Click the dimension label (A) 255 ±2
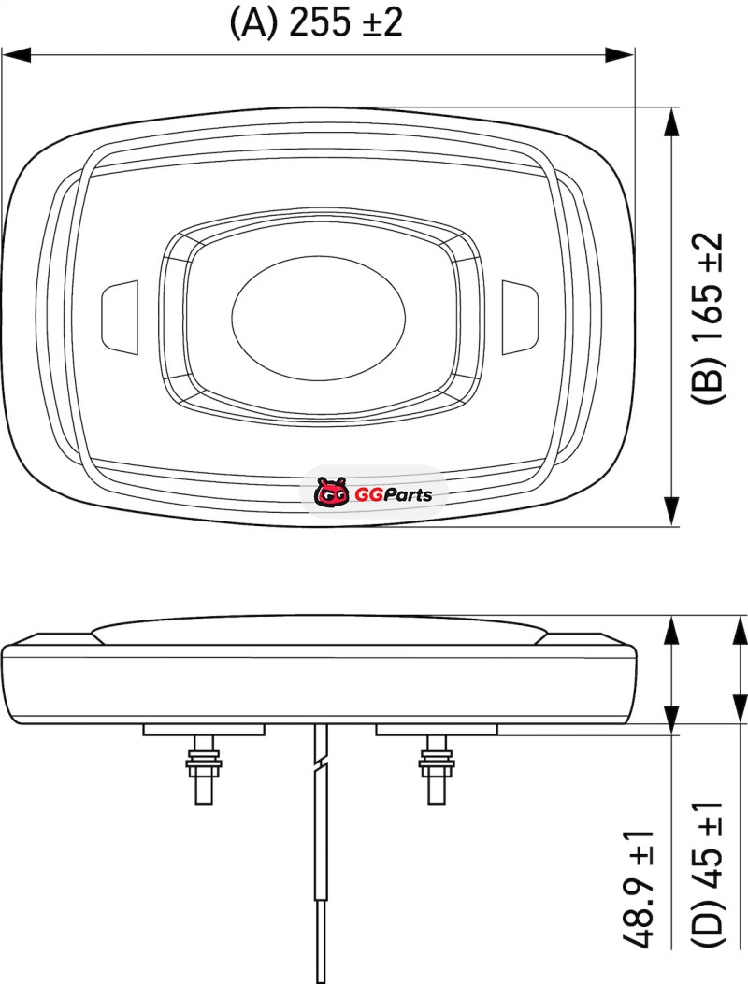(x=316, y=23)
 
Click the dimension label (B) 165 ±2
(x=708, y=317)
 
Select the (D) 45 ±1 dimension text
(x=708, y=874)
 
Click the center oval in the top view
(x=319, y=317)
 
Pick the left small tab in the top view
(x=120, y=316)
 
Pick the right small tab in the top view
(x=520, y=316)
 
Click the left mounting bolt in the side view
(x=204, y=769)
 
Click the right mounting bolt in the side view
(x=437, y=769)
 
